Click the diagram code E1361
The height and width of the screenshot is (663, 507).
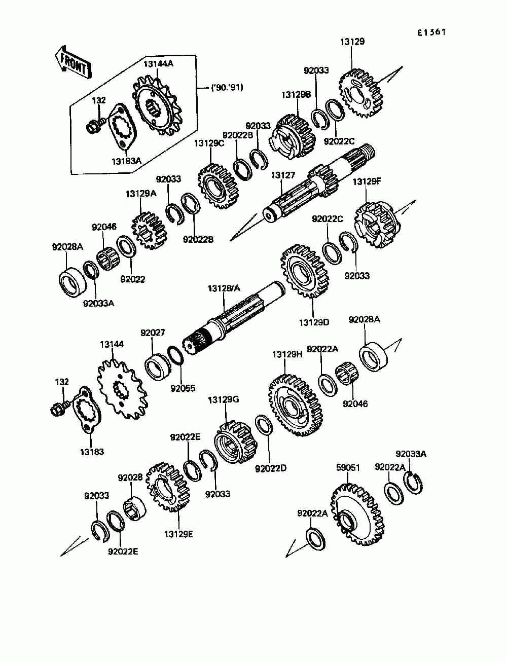431,32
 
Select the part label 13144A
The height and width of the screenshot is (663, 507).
158,64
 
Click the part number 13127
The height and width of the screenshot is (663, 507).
282,175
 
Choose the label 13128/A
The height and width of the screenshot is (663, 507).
224,288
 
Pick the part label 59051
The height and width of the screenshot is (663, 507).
348,467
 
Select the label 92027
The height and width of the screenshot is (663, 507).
153,333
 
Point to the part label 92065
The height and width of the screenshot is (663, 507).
183,389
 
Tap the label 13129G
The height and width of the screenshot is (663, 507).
223,400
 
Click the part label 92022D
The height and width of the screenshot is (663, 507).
270,468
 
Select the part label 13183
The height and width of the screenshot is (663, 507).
91,451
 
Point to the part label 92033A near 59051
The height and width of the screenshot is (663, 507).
411,454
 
